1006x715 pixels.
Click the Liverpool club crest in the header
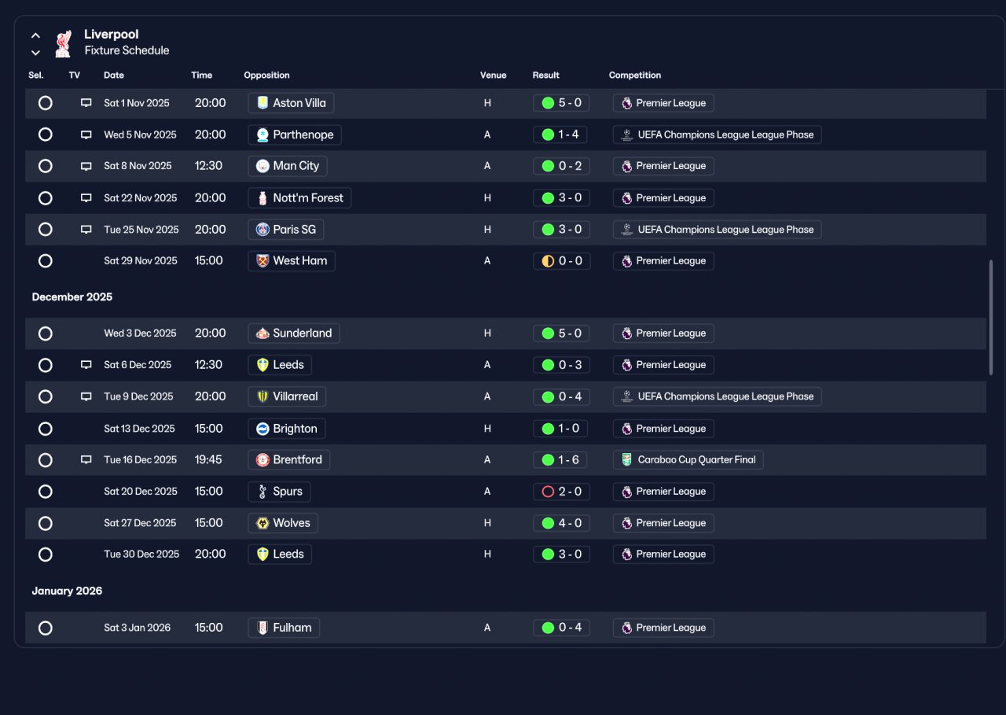click(x=63, y=43)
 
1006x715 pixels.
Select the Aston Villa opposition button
click(x=291, y=103)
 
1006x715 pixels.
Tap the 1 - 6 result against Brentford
click(x=560, y=459)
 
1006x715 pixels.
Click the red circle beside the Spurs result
click(x=548, y=492)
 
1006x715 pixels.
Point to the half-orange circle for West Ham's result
click(x=548, y=261)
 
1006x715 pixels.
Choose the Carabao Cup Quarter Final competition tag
click(x=688, y=459)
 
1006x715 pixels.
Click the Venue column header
click(x=493, y=75)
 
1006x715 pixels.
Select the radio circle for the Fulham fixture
click(x=46, y=628)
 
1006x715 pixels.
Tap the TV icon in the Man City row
click(x=86, y=166)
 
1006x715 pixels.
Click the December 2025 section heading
click(x=72, y=297)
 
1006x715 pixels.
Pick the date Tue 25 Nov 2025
click(x=141, y=230)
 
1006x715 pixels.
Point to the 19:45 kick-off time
click(x=208, y=459)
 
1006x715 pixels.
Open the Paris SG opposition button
click(x=285, y=230)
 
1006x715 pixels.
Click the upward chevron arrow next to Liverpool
click(x=35, y=35)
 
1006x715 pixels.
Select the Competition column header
click(x=634, y=75)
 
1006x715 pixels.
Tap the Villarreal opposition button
click(x=287, y=396)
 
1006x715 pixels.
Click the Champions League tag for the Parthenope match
click(x=718, y=135)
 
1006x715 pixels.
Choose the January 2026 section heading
click(x=67, y=591)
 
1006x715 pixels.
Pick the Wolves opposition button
click(x=283, y=523)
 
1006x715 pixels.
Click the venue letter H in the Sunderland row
click(x=487, y=334)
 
